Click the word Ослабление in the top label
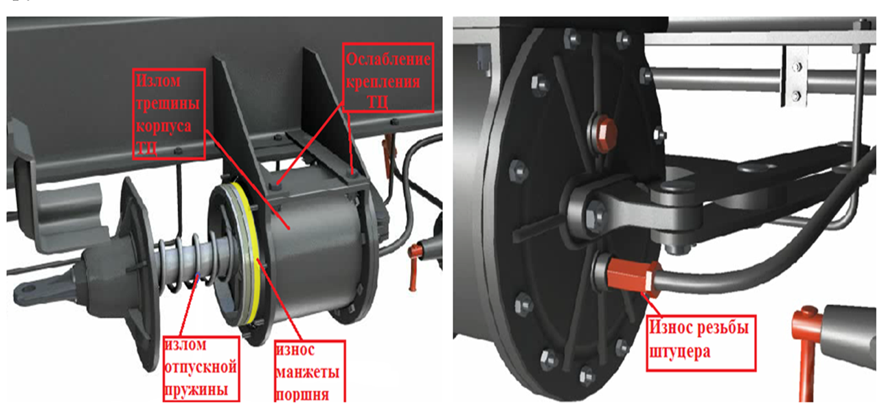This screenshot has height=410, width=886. click(387, 59)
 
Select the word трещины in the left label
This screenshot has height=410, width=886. click(168, 104)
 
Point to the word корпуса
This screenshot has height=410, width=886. click(163, 126)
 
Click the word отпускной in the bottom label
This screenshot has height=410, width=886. click(201, 367)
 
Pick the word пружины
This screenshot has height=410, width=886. click(196, 390)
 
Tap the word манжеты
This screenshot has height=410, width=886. click(307, 372)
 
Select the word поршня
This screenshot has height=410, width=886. click(302, 395)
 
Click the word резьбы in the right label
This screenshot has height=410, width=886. click(723, 328)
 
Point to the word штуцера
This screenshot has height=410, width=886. click(680, 351)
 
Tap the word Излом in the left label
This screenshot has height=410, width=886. click(158, 81)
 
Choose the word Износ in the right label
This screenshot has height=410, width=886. click(671, 328)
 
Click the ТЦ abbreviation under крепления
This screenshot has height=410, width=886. click(377, 102)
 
